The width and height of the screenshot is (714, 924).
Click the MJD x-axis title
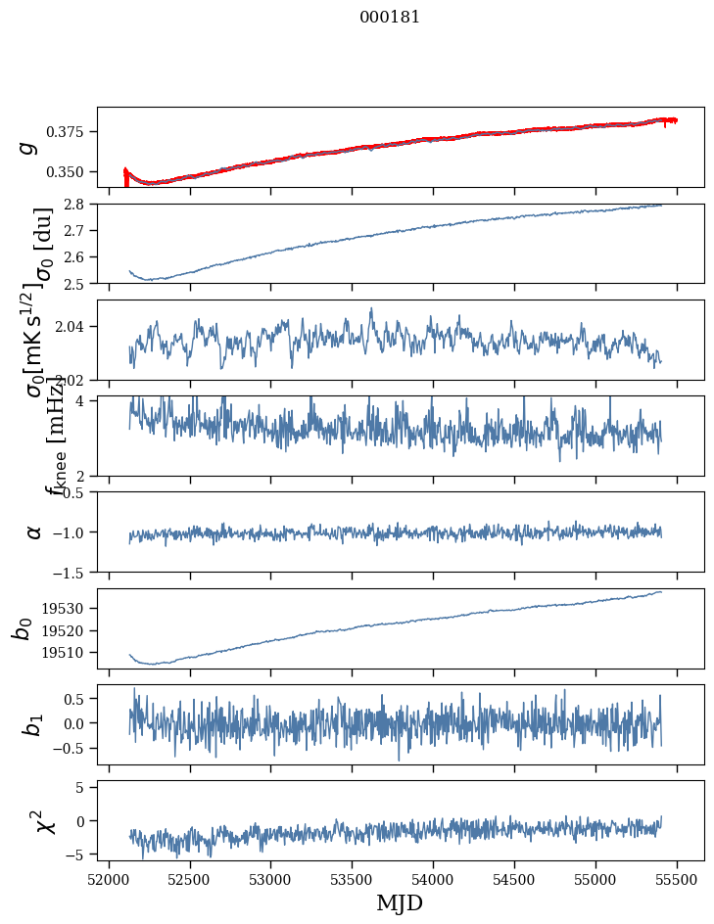click(400, 902)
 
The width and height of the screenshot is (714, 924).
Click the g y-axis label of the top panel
click(29, 147)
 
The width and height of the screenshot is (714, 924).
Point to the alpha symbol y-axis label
click(33, 531)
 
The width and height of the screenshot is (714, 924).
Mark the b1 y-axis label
click(33, 724)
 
